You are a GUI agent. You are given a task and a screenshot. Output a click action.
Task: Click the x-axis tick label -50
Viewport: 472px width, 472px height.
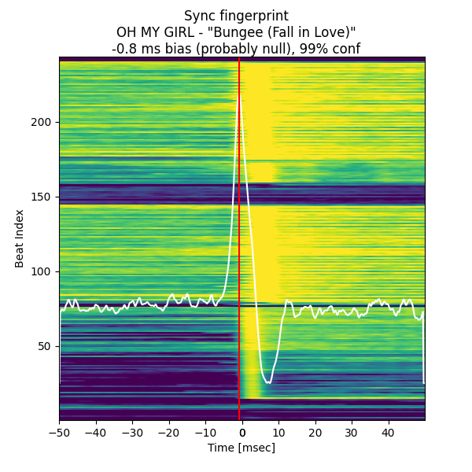pos(59,433)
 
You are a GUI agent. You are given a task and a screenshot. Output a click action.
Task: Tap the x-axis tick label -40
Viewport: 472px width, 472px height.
pos(95,433)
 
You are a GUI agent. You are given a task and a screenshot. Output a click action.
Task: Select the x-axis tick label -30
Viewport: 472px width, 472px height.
pos(132,433)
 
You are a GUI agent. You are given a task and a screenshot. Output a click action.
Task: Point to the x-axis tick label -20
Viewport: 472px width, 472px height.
pos(168,433)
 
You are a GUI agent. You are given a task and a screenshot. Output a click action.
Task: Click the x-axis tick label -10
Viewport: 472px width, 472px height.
pos(205,433)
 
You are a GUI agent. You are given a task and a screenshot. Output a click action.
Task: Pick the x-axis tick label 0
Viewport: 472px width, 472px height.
pos(242,433)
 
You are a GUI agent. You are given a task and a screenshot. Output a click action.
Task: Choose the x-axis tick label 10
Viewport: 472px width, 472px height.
pos(278,433)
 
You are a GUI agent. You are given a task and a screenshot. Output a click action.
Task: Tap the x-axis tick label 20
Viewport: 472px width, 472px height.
pos(315,433)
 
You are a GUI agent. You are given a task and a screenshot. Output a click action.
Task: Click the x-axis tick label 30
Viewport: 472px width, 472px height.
pos(352,433)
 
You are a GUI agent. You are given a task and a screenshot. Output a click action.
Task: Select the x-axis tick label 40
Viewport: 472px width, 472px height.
pos(388,433)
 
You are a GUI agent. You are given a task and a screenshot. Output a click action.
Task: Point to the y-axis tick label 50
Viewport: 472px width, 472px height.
pos(46,346)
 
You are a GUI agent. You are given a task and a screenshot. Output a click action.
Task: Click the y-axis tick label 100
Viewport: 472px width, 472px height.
pos(42,271)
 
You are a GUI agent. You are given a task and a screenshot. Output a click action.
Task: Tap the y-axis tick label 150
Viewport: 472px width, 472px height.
pos(42,197)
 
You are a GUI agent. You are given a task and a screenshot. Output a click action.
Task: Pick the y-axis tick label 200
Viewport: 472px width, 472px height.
pos(42,122)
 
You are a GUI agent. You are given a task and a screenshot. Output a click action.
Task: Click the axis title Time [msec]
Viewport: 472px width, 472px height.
pos(242,448)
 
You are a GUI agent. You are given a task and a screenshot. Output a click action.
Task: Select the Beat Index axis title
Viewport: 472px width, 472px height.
pos(20,238)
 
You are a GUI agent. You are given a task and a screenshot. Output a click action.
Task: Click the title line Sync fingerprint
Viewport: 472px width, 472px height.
pos(236,16)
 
